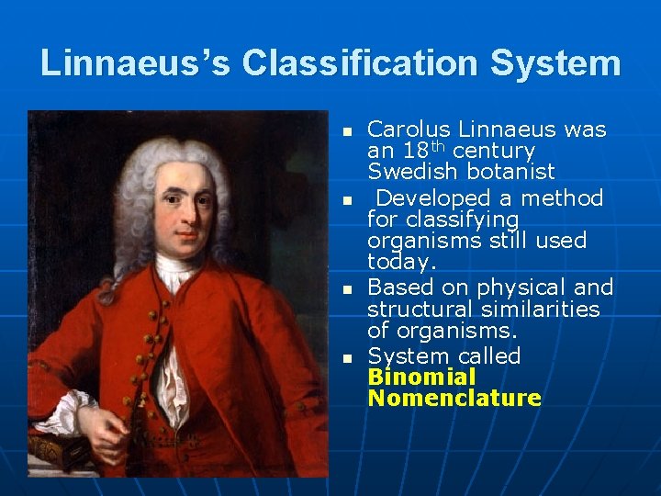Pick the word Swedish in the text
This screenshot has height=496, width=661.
408,172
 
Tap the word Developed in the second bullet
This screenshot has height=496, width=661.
429,197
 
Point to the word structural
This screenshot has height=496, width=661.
421,310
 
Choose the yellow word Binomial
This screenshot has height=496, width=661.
421,378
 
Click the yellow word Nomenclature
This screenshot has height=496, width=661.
454,399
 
